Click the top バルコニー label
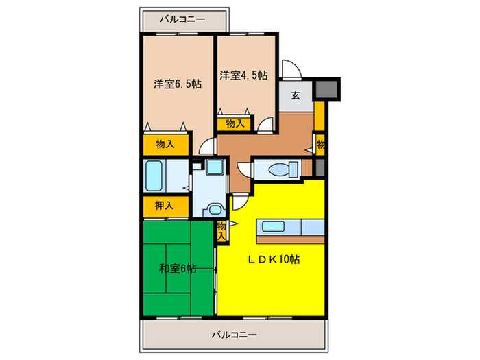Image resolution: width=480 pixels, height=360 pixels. pos(182,20)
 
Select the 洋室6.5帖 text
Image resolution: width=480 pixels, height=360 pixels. pos(177,84)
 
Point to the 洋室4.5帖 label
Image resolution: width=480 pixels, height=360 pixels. pos(243,75)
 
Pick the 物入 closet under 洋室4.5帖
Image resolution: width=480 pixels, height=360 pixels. pos(233,124)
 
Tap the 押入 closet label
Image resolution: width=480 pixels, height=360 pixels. pos(163,205)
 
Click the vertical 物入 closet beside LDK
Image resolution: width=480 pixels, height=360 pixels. pos(221,231)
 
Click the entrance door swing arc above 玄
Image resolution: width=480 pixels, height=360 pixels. pos(289,70)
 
